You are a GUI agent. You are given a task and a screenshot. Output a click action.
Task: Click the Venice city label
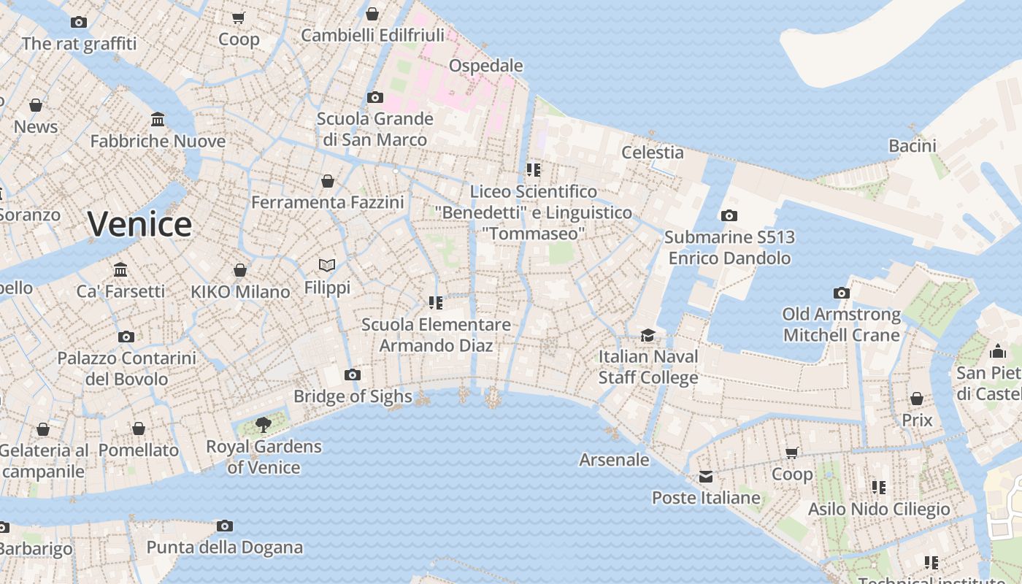click(x=139, y=224)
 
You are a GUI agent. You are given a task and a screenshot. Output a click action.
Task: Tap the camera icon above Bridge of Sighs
click(x=353, y=375)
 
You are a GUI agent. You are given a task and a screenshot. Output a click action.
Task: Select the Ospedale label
click(x=485, y=66)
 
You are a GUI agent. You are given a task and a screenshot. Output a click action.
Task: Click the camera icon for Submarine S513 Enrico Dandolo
click(x=729, y=215)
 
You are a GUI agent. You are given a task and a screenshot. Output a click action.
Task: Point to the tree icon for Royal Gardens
click(x=264, y=424)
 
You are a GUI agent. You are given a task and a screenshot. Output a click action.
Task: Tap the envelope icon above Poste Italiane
click(x=706, y=477)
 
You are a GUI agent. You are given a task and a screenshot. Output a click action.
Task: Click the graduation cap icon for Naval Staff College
click(x=648, y=335)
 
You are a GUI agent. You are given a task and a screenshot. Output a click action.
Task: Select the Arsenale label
click(x=614, y=459)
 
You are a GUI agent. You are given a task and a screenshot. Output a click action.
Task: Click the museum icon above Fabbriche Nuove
click(x=158, y=119)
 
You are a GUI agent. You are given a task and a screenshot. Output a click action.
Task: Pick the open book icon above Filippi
click(x=327, y=265)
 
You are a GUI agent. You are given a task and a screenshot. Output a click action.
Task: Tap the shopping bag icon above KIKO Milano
click(x=239, y=270)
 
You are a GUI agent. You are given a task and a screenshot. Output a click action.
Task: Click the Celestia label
click(x=652, y=153)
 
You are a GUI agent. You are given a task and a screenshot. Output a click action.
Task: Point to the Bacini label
click(x=912, y=146)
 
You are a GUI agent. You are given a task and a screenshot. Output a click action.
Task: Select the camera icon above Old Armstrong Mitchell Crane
click(x=841, y=293)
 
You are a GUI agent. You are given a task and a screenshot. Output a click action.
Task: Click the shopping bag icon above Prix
click(x=917, y=399)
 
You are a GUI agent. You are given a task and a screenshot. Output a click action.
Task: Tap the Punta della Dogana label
click(x=224, y=547)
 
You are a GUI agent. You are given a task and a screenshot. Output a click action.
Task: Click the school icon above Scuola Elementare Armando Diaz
click(x=436, y=302)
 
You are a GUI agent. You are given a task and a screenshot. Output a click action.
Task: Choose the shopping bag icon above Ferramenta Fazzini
click(x=328, y=180)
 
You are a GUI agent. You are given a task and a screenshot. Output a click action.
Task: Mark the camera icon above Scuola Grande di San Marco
click(x=375, y=97)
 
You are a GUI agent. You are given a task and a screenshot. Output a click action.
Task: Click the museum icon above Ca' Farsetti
click(x=120, y=270)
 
